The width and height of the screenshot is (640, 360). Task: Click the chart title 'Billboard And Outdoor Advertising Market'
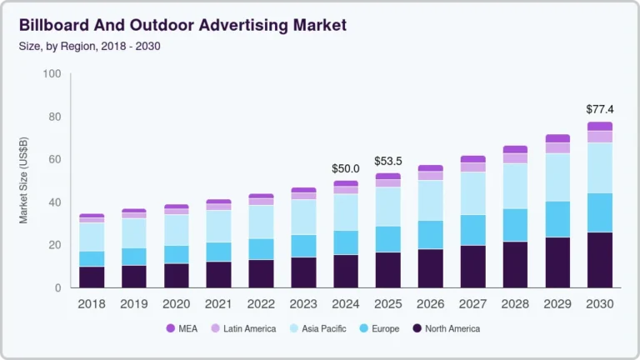[x=182, y=25]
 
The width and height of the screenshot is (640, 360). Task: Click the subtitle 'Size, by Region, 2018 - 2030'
[x=89, y=46]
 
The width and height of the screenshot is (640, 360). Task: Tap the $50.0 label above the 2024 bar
[x=346, y=168]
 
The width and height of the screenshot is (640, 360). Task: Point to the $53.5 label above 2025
[x=388, y=161]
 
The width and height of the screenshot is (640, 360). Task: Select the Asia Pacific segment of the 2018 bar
[x=92, y=237]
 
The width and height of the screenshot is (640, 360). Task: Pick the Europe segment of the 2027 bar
[x=473, y=230]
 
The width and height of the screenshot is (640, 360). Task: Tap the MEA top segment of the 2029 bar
[x=558, y=138]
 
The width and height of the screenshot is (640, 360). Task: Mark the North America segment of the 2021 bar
[x=218, y=274]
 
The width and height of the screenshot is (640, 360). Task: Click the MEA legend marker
[x=171, y=328]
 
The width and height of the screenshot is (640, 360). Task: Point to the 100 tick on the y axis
[x=52, y=74]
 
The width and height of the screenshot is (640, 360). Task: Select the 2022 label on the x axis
[x=261, y=304]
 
